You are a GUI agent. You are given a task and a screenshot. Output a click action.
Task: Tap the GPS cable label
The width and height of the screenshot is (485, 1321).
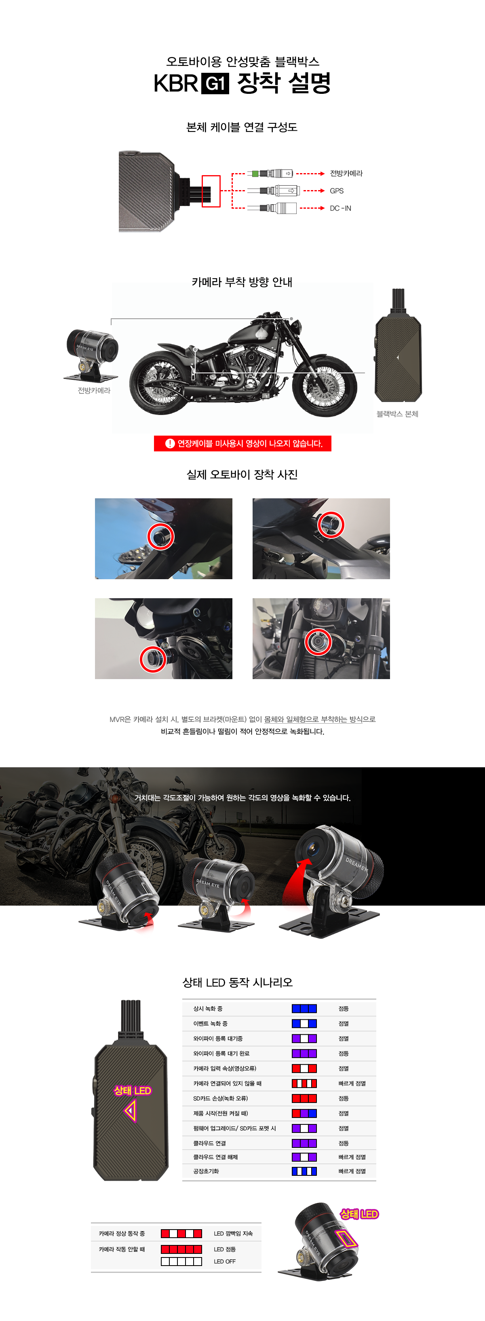click(x=336, y=191)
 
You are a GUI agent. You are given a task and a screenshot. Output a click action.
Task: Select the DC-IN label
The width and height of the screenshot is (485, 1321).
click(x=340, y=208)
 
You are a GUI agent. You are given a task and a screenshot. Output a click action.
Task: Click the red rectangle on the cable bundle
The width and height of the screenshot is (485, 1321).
click(x=211, y=191)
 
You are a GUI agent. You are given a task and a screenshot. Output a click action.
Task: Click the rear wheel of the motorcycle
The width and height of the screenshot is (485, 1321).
click(x=162, y=381)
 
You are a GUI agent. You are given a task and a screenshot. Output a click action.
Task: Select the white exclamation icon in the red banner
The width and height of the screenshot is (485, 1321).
click(x=170, y=444)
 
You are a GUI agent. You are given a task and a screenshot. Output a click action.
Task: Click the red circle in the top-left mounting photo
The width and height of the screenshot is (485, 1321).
click(x=161, y=536)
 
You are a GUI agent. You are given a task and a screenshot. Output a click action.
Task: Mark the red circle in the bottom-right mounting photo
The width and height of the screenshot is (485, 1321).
click(x=318, y=641)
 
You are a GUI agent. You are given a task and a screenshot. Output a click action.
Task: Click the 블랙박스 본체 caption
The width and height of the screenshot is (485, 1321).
click(x=397, y=414)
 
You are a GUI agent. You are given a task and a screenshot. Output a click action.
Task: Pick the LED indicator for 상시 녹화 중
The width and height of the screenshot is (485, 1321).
click(x=304, y=1008)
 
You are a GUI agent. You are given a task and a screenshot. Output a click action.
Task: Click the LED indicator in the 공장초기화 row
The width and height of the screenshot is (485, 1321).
click(x=304, y=1171)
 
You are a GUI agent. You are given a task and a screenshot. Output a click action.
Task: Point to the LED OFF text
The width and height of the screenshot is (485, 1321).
click(x=225, y=1261)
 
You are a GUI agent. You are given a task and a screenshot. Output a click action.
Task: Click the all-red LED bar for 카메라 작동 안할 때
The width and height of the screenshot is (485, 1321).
click(x=181, y=1249)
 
